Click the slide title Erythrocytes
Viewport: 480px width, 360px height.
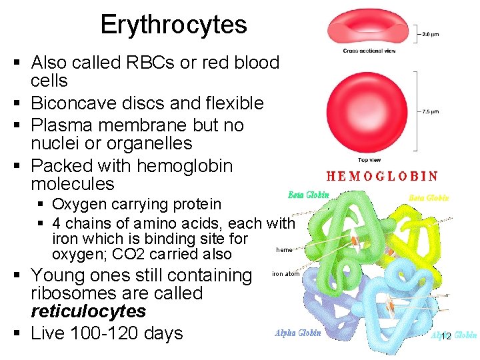tap(173, 25)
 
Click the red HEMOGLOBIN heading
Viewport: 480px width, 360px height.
tap(382, 177)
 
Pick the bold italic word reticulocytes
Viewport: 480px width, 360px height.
tap(88, 311)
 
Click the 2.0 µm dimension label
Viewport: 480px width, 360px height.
tap(430, 33)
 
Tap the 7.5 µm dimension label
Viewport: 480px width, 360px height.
tap(430, 112)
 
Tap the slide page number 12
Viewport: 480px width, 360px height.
tap(445, 336)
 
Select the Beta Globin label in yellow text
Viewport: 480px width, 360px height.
tap(429, 197)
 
